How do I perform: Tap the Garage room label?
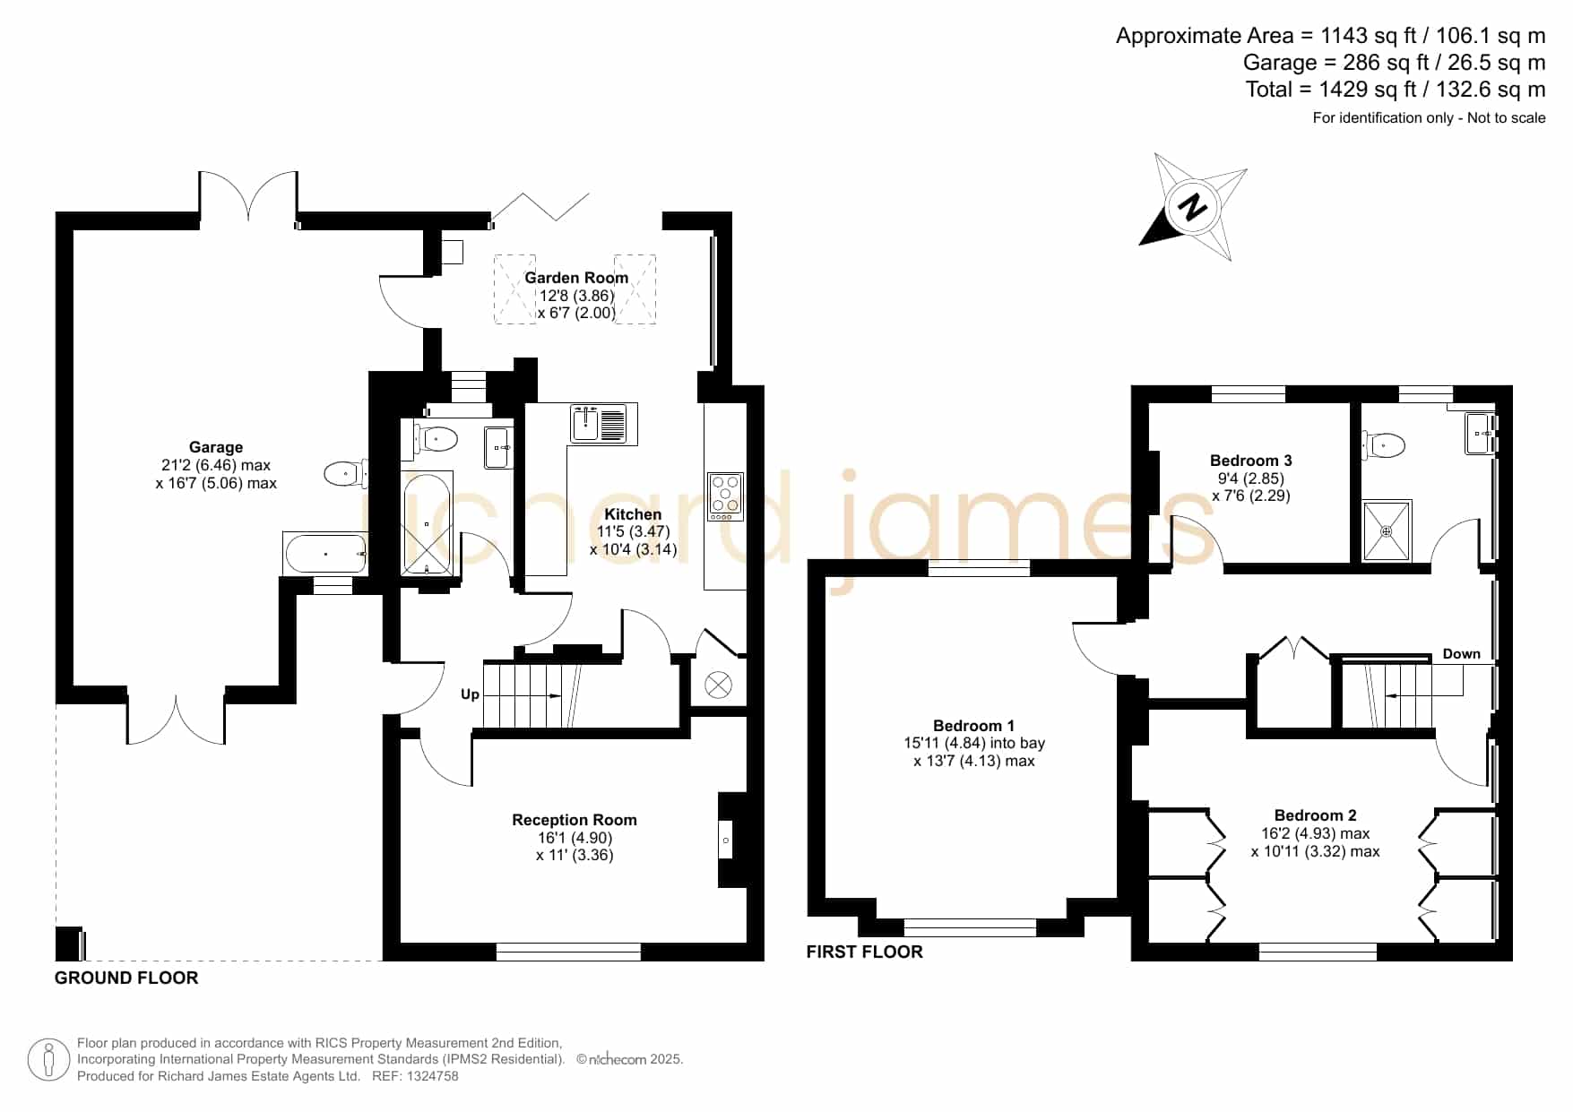click(x=216, y=447)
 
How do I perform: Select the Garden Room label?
click(x=576, y=278)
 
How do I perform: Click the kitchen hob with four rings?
click(x=725, y=496)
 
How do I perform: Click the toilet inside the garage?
click(x=345, y=473)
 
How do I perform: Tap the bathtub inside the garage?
click(x=325, y=554)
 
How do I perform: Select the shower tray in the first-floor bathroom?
click(x=1387, y=530)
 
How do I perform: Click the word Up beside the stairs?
click(x=470, y=694)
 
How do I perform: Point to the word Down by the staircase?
click(x=1461, y=654)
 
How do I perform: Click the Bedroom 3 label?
click(x=1250, y=461)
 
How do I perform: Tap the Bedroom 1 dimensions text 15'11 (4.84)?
click(x=945, y=743)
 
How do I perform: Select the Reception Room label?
click(x=575, y=820)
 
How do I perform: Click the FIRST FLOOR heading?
click(x=864, y=952)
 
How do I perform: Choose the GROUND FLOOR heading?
click(x=126, y=978)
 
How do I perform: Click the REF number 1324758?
click(x=434, y=1076)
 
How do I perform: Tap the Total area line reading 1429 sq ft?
click(x=1396, y=90)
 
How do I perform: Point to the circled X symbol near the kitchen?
click(x=718, y=685)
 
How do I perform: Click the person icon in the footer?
click(x=48, y=1060)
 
